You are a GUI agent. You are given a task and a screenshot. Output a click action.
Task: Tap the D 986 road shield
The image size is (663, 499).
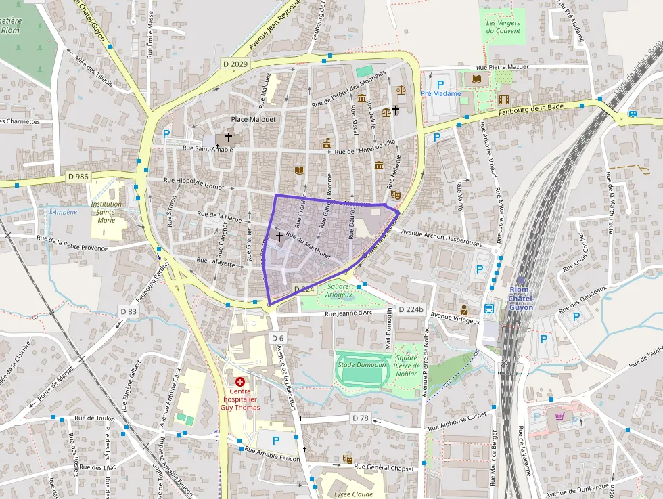78,177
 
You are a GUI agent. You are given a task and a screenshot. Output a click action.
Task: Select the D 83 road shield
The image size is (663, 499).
128,311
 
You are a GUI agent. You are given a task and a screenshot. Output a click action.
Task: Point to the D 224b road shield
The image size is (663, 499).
411,309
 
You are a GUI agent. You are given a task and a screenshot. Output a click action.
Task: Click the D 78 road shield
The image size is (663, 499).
360,418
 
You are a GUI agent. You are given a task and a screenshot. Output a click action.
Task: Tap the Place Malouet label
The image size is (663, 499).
254,119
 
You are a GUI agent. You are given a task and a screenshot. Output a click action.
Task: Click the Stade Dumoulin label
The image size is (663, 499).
362,365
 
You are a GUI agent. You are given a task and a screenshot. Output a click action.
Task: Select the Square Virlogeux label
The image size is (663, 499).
338,291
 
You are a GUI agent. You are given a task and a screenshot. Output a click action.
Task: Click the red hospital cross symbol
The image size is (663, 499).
240,382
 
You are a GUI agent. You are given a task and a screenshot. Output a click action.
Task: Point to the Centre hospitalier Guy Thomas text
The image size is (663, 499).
240,399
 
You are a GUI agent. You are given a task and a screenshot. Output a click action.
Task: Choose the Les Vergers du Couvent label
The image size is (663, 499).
503,26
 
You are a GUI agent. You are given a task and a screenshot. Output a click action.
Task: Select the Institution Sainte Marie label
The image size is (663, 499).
106,212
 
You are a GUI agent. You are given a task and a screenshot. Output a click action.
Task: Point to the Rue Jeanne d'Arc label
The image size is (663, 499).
348,313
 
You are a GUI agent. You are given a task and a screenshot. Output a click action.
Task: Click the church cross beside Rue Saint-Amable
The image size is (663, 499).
229,137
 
